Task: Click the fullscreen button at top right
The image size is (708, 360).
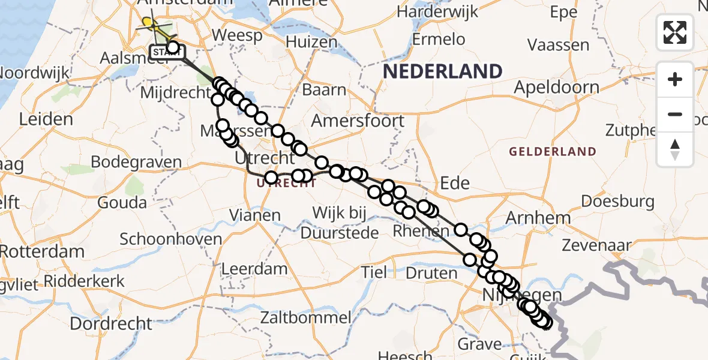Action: click(x=675, y=32)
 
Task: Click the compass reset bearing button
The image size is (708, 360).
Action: click(x=675, y=149)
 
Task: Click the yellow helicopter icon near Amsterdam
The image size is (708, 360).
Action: click(x=152, y=25)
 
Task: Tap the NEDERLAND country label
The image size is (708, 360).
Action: click(x=443, y=72)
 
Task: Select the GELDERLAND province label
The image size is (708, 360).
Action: click(x=553, y=152)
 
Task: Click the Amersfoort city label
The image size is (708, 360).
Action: click(x=358, y=121)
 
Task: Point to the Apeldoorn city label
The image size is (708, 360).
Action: click(x=556, y=88)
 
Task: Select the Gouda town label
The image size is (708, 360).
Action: click(x=122, y=202)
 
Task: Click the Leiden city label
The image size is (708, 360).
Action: click(x=46, y=119)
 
